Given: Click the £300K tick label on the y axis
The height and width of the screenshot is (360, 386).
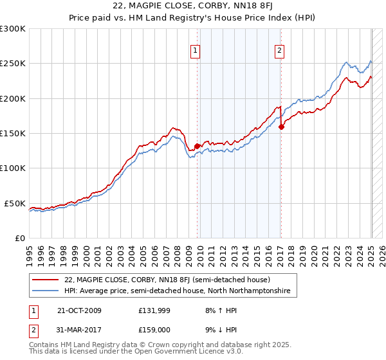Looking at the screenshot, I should pos(13,29).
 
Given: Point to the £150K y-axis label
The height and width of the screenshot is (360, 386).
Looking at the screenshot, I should pos(13,133).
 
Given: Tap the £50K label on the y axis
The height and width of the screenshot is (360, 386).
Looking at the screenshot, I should pos(15,203).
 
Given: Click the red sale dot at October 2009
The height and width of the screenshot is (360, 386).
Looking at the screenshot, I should pos(197,146).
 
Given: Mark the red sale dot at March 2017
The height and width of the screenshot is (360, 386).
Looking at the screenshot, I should pos(281,127).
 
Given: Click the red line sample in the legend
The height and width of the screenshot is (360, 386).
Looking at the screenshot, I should pos(46,280).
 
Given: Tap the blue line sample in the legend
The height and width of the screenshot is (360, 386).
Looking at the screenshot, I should pos(46,291).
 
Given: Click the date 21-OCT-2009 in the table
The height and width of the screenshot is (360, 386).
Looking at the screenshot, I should pos(79,310).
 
